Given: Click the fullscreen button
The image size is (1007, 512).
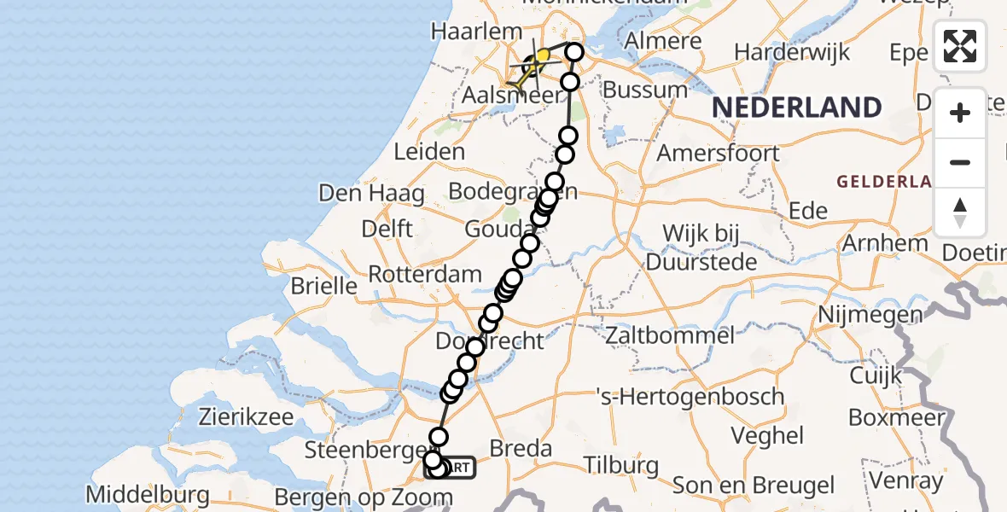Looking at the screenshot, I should point(960,46).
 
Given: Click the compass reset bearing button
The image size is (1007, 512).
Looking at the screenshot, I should point(960,212).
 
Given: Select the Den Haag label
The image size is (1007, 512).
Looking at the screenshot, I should point(371,193).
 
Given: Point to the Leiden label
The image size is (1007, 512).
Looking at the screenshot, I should point(429,153).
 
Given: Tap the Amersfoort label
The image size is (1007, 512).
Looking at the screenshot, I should point(718,154).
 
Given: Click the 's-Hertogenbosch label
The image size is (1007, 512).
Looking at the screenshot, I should point(690,396).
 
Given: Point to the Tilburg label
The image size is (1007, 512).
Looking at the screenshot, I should point(620,465).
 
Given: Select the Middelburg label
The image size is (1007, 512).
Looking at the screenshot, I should point(147,494).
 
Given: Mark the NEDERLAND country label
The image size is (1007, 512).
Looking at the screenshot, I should point(796,108).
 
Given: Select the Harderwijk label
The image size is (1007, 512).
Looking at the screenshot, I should point(792,52).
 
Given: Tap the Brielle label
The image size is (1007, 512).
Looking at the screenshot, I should point(323,285).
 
